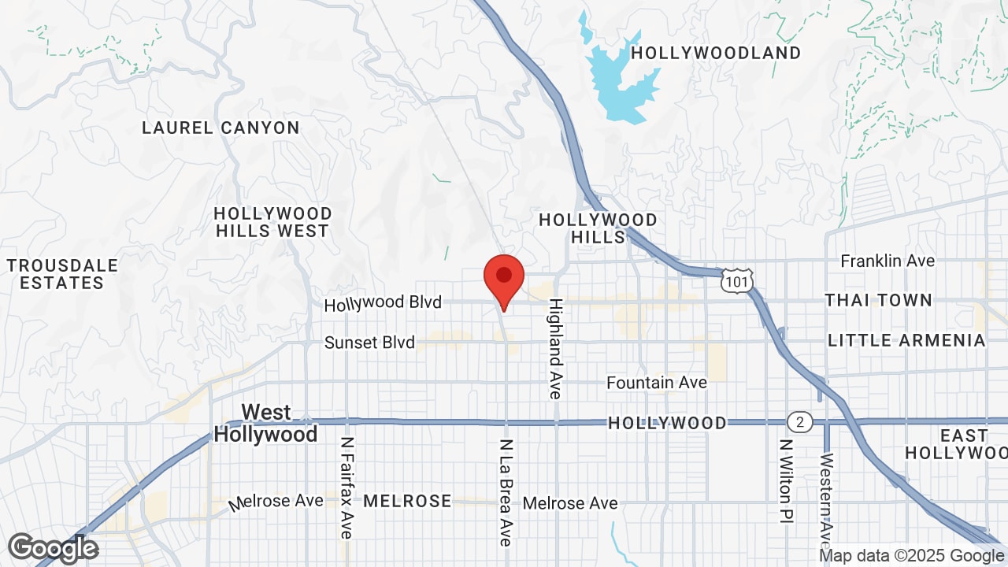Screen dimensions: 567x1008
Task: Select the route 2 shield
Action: [799, 423]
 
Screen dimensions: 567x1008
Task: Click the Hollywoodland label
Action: [716, 53]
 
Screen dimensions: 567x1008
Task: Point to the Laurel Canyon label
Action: [220, 128]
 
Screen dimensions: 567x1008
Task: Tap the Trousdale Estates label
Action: [62, 274]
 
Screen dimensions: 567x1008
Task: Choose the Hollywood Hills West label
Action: [272, 222]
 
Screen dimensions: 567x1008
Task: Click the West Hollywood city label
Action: [266, 424]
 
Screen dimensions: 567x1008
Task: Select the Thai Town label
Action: [879, 300]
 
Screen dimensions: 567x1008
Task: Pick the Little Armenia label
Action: [906, 340]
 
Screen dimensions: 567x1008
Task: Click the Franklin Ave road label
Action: [888, 261]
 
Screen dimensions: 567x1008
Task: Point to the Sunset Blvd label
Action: [369, 343]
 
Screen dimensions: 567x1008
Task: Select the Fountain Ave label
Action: [657, 383]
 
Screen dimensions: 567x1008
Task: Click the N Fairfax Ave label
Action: [346, 488]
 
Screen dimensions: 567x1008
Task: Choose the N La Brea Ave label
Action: [506, 492]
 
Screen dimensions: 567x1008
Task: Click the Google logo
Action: [53, 548]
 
